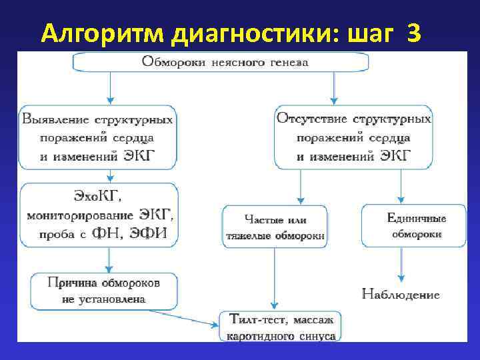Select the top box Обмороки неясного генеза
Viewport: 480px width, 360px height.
pyautogui.click(x=220, y=62)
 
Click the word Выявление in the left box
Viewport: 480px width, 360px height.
pyautogui.click(x=54, y=120)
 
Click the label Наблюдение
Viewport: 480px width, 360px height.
pyautogui.click(x=401, y=294)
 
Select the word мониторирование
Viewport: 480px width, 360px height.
pyautogui.click(x=80, y=215)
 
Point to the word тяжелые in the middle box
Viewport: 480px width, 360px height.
pyautogui.click(x=245, y=235)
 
